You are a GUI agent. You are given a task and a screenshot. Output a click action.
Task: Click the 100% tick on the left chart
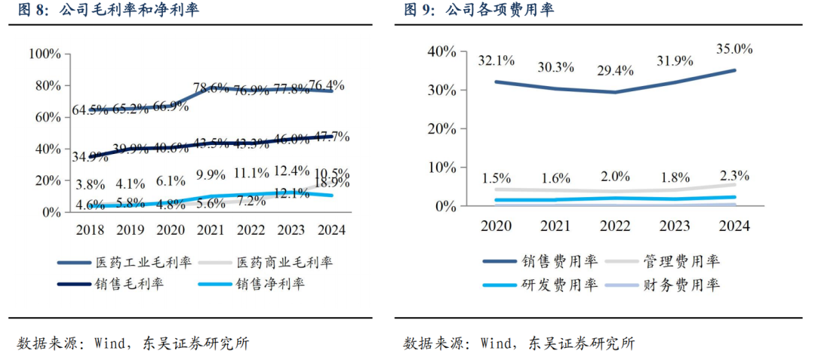coord(45,54)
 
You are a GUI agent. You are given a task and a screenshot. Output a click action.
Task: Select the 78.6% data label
coord(211,88)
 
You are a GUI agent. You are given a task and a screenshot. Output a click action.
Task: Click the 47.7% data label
coord(332,137)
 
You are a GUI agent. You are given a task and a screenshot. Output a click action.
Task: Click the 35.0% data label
coord(734,49)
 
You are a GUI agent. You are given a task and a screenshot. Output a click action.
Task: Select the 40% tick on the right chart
coord(441,51)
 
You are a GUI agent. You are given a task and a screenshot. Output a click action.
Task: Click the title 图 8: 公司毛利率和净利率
coord(103,10)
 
